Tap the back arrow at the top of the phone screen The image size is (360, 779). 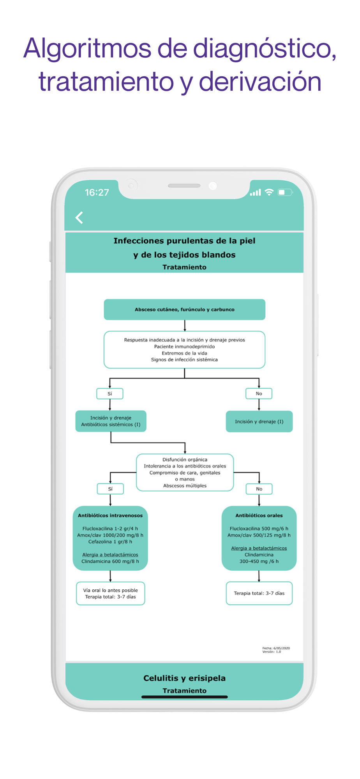point(79,217)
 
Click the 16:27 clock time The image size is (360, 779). point(97,192)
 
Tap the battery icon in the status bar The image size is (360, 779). point(285,192)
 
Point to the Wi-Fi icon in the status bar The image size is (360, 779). point(269,192)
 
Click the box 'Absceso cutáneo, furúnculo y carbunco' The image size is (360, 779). point(185,310)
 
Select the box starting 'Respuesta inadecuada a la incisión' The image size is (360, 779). point(185,350)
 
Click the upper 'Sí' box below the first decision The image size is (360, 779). point(110,394)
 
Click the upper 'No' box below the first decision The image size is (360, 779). point(259,394)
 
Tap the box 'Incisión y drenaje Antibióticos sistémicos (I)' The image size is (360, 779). point(111,421)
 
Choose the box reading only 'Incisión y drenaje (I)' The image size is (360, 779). point(259,421)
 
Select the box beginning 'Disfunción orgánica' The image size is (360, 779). point(185,472)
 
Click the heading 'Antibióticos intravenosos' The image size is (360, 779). point(110,515)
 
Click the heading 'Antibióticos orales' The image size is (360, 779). point(259,515)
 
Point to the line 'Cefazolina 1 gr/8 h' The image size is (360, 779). point(110,542)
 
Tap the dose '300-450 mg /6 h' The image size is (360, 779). point(259,561)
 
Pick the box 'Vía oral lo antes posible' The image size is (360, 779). point(111,594)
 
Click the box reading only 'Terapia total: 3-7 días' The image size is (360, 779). point(259,594)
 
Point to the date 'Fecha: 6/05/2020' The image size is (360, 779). point(276,648)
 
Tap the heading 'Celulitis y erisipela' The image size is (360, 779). point(185,678)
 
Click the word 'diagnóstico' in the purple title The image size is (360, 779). point(265,49)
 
